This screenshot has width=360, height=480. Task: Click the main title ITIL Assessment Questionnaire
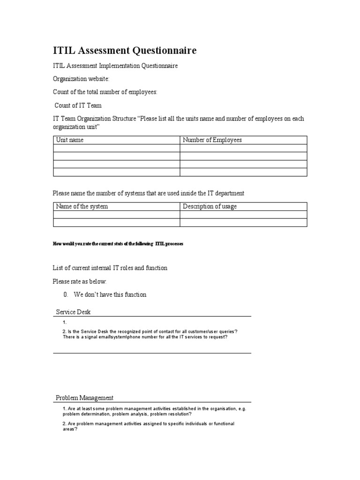(124, 50)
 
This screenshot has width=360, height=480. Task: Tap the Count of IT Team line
(78, 105)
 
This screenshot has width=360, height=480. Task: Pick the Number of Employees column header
(212, 140)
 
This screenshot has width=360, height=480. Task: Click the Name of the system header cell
(82, 206)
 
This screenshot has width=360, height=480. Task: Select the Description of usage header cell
(210, 206)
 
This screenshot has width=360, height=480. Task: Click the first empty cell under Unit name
(116, 148)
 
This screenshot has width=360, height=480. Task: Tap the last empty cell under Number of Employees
(243, 172)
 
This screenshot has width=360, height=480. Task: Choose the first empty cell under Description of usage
(243, 214)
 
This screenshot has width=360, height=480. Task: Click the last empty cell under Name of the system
(116, 222)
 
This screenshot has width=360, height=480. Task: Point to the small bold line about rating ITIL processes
(118, 244)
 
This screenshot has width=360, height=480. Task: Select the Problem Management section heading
(84, 398)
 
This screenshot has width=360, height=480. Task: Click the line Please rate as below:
(80, 281)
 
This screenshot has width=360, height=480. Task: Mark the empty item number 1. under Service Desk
(65, 323)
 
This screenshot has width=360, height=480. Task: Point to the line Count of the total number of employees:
(105, 92)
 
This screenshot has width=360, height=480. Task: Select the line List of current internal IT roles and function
(110, 268)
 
